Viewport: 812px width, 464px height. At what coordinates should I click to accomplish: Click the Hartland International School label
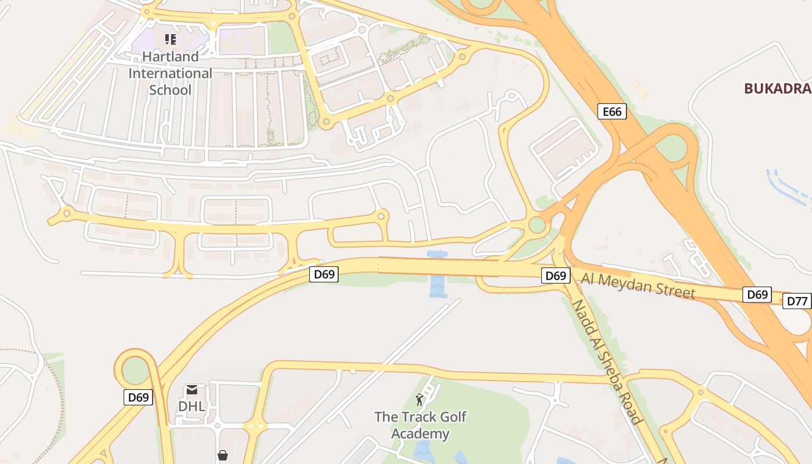pyautogui.click(x=170, y=73)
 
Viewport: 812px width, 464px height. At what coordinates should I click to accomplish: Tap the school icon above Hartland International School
pyautogui.click(x=170, y=39)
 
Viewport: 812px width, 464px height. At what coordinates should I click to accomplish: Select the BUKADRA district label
pyautogui.click(x=777, y=89)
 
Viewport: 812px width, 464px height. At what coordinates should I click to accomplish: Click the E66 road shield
pyautogui.click(x=612, y=111)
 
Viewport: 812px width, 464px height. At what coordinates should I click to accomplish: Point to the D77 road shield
pyautogui.click(x=797, y=301)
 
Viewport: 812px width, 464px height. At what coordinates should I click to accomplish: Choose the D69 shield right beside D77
pyautogui.click(x=757, y=295)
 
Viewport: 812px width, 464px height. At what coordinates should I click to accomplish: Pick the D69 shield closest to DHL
pyautogui.click(x=138, y=397)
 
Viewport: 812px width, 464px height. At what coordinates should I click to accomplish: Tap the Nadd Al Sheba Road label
pyautogui.click(x=607, y=362)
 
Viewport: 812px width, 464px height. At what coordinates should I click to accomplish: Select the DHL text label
pyautogui.click(x=191, y=407)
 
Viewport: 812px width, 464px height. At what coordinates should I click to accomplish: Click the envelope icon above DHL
pyautogui.click(x=192, y=389)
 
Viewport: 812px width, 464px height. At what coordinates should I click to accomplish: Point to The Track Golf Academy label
pyautogui.click(x=420, y=425)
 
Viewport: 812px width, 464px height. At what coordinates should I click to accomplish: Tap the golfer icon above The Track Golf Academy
pyautogui.click(x=419, y=400)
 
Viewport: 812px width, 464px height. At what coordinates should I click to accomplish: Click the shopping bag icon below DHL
pyautogui.click(x=222, y=456)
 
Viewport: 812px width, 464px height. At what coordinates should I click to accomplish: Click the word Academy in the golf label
pyautogui.click(x=420, y=434)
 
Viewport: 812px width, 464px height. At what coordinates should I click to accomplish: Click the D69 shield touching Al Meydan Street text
pyautogui.click(x=555, y=275)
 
